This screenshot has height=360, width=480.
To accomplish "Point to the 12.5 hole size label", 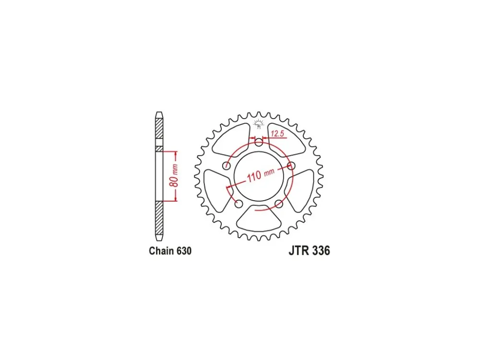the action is pyautogui.click(x=277, y=133).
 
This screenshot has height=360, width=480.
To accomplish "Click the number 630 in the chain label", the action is pyautogui.click(x=183, y=251).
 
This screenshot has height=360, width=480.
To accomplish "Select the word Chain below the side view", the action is pyautogui.click(x=161, y=251).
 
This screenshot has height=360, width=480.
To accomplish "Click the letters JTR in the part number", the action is pyautogui.click(x=299, y=251).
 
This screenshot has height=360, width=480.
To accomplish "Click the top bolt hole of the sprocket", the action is pyautogui.click(x=259, y=142).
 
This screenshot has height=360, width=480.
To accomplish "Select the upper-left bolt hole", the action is pyautogui.click(x=227, y=166).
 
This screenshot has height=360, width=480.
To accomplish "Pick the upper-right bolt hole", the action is pyautogui.click(x=291, y=166).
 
